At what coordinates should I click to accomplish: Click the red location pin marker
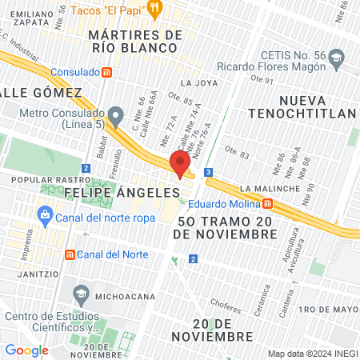pos(180,163)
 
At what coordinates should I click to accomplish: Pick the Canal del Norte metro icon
pos(70,254)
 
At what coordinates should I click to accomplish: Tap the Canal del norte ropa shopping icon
pos(44,214)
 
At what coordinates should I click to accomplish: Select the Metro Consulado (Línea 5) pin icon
pos(117,114)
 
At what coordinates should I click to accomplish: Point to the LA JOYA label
pos(198,82)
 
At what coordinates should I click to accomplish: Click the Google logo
pos(26,350)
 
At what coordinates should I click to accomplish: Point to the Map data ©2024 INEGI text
pos(311,353)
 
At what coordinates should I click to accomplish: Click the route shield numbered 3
pos(208,172)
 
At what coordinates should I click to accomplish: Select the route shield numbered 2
pos(193,258)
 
